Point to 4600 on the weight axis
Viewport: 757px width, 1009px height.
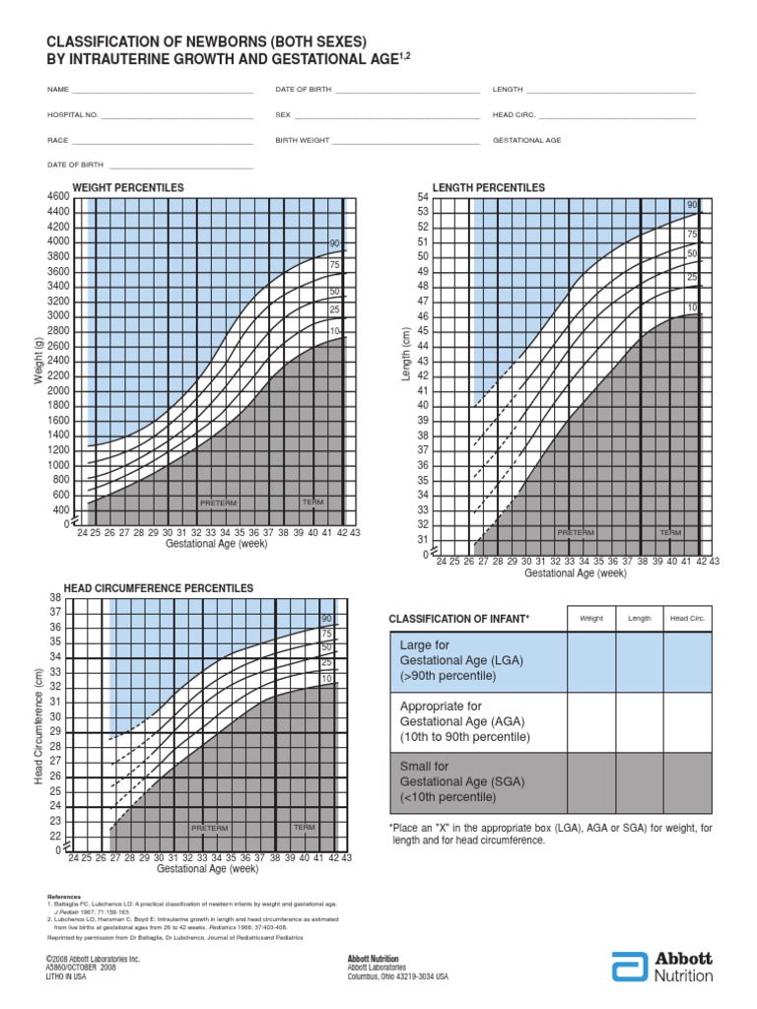[x=57, y=197]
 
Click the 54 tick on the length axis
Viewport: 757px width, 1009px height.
[x=423, y=197]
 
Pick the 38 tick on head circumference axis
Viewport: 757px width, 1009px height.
[x=55, y=598]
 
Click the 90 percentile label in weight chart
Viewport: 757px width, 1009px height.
[x=334, y=243]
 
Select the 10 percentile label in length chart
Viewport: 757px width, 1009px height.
[x=692, y=308]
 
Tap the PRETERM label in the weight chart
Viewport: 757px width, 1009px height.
[x=219, y=503]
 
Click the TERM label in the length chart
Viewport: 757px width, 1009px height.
[x=670, y=532]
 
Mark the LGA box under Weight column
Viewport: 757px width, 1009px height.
[x=591, y=662]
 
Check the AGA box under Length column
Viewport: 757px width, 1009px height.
[x=640, y=722]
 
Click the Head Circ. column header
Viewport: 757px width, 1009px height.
[x=687, y=618]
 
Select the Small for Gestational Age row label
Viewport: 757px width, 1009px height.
[x=448, y=781]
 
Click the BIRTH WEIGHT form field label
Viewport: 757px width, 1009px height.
[x=302, y=141]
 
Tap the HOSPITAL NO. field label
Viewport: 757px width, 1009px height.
[x=73, y=115]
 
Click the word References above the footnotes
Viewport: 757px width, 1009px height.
[x=64, y=898]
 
